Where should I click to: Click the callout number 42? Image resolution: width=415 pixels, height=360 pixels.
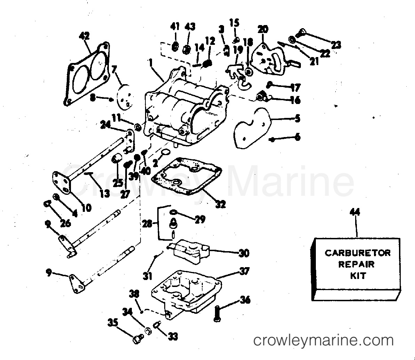tap(85, 36)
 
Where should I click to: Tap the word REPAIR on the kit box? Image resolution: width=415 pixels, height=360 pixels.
tap(357, 264)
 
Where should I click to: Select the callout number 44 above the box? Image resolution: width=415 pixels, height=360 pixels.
tap(355, 212)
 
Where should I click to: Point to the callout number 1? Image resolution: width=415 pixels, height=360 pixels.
tap(151, 63)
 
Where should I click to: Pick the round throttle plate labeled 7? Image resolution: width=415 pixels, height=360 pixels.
tap(124, 97)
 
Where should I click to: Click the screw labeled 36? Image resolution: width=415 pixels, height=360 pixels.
tap(216, 314)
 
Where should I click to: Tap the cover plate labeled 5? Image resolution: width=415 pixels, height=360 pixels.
tap(252, 128)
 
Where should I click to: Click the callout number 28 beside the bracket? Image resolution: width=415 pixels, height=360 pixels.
tap(147, 224)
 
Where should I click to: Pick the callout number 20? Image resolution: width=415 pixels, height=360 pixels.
tap(263, 29)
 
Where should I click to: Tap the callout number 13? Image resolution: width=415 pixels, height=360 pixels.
tap(105, 193)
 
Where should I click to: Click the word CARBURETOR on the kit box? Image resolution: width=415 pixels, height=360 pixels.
tap(357, 253)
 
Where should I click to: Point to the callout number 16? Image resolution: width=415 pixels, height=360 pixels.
tap(295, 100)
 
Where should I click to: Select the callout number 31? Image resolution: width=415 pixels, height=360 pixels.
tap(147, 276)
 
